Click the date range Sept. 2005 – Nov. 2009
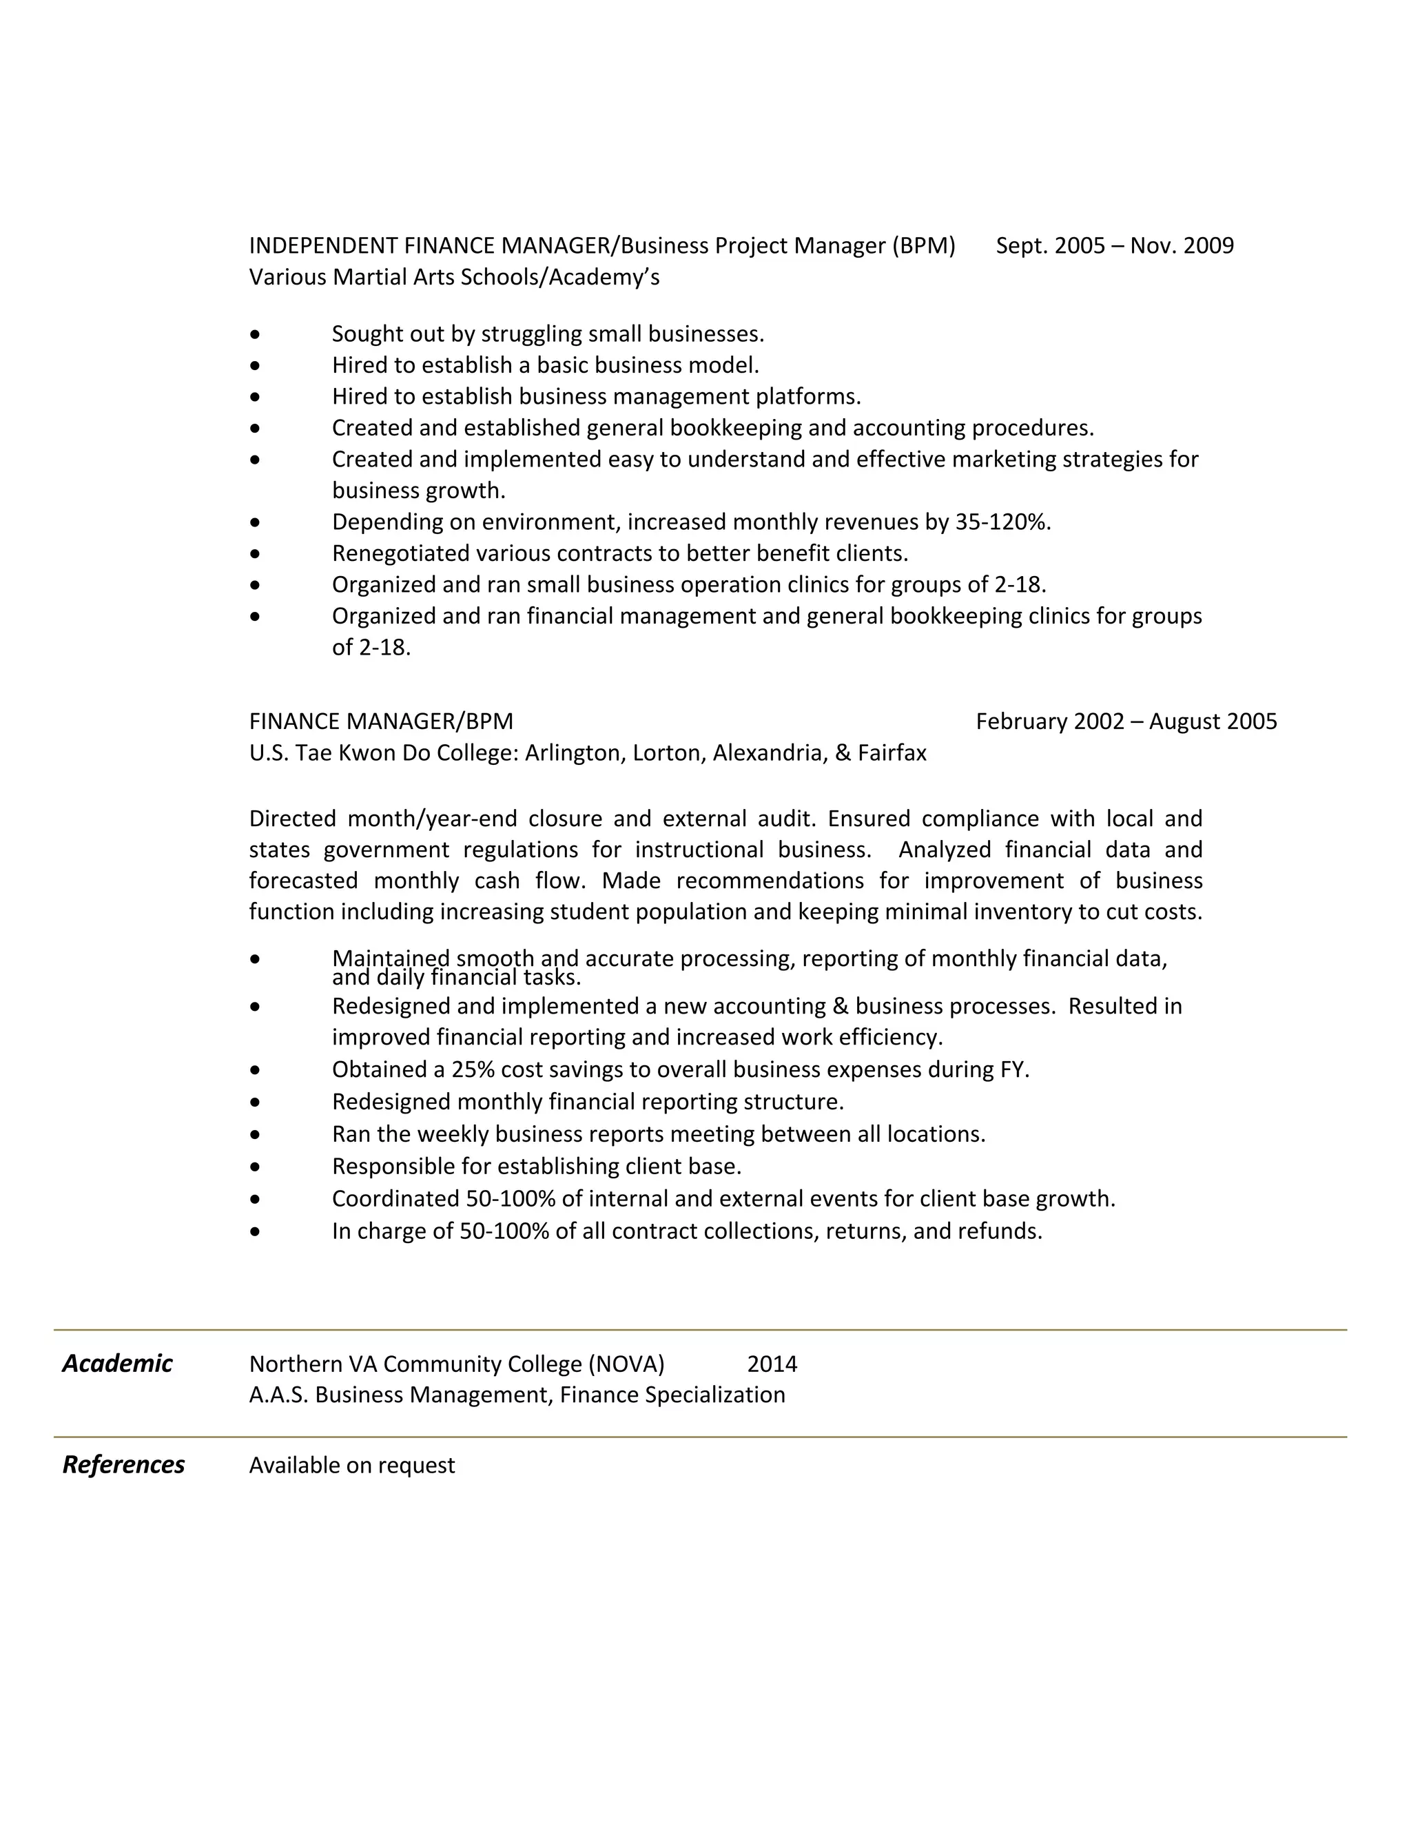point(1114,246)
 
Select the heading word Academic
point(117,1364)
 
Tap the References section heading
point(124,1465)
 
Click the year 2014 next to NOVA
point(772,1364)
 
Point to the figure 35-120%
point(1001,522)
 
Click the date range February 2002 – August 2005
point(1126,721)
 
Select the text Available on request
point(352,1466)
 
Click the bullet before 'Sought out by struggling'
point(255,334)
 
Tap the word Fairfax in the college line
point(892,753)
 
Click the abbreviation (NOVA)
point(626,1364)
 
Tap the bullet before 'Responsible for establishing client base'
point(255,1167)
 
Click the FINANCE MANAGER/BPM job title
point(381,721)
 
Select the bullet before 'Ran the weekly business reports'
point(255,1136)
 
